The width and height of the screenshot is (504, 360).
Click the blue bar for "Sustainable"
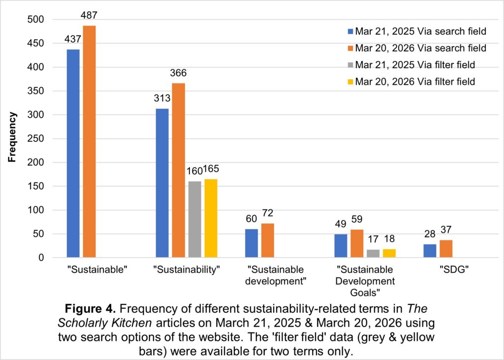point(73,153)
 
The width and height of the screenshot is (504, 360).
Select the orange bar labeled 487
point(89,141)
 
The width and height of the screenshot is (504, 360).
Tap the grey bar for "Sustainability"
point(195,219)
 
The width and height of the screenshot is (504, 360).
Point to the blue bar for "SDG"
point(430,251)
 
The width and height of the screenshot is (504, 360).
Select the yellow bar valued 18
point(389,253)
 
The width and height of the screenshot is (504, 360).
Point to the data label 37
point(446,230)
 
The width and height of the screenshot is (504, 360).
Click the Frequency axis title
point(13,137)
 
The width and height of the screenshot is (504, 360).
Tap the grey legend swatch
point(350,65)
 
